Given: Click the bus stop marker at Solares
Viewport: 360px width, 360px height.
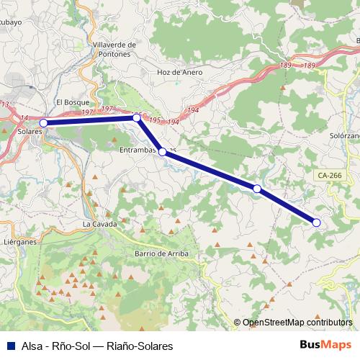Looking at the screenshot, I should (43, 123).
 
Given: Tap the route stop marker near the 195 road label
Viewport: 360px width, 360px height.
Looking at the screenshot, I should (136, 117).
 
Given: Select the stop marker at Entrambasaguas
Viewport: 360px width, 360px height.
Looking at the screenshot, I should (163, 152).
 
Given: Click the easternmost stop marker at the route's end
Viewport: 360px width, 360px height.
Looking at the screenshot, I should (316, 222).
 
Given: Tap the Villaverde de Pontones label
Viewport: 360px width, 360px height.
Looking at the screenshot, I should (115, 49).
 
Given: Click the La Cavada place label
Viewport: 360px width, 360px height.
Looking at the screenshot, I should (99, 224).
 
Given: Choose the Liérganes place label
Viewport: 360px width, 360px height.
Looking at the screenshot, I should (19, 243).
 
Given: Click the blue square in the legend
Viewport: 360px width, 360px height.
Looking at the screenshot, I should (10, 346).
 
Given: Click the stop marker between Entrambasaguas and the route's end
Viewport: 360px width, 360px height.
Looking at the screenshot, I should (257, 188).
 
